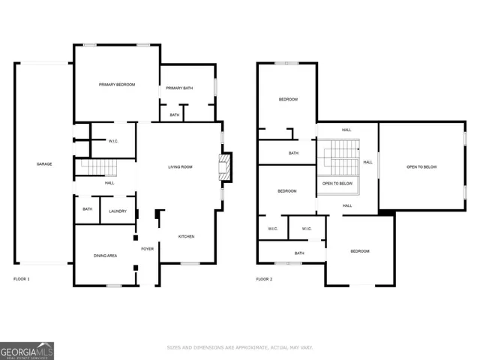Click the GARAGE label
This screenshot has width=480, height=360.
(44, 163)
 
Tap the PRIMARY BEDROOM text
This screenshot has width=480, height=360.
(117, 85)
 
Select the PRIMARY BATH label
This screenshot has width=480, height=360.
(179, 88)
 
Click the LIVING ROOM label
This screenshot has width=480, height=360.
(180, 166)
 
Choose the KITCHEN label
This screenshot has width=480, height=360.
(186, 236)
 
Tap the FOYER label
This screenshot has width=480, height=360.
(148, 248)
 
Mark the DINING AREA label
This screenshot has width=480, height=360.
(105, 256)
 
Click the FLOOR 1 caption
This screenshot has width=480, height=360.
(22, 279)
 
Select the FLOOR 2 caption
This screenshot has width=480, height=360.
(264, 279)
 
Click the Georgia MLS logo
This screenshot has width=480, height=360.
(27, 350)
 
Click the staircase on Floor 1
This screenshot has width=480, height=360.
(96, 167)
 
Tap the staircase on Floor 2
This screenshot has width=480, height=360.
(341, 157)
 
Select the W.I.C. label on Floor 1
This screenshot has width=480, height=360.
(113, 140)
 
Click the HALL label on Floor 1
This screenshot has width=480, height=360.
(109, 183)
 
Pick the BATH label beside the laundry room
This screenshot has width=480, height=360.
(87, 209)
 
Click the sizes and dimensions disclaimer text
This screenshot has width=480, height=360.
(239, 347)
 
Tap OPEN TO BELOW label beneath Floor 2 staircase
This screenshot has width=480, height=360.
(337, 184)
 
